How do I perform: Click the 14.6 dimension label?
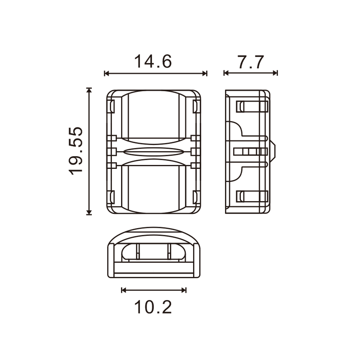pos(153,62)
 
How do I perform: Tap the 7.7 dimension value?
pos(251,62)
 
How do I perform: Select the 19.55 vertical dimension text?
pos(76,151)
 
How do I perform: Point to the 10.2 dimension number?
pos(153,307)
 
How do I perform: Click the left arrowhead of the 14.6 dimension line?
pos(106,73)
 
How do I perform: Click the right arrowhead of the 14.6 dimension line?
pos(205,73)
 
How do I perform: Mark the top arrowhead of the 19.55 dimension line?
pos(89,90)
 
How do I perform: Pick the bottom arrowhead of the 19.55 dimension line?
pos(89,212)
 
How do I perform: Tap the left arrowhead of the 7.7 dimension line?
pos(226,73)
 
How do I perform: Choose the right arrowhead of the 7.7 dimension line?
pos(275,73)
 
